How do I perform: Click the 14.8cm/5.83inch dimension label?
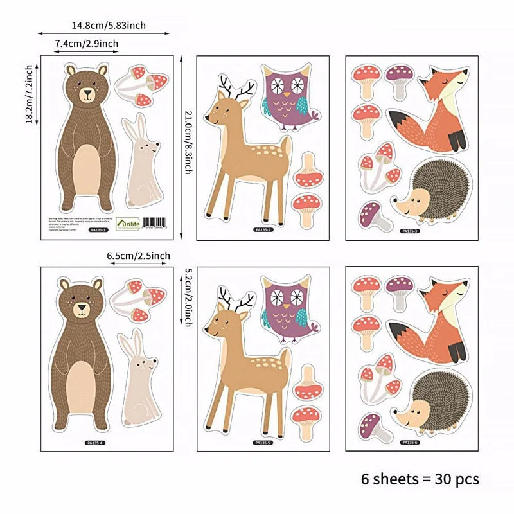(109, 26)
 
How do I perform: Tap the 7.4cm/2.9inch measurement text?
(87, 43)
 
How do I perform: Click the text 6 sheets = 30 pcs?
(419, 479)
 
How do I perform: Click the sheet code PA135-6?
(409, 442)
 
